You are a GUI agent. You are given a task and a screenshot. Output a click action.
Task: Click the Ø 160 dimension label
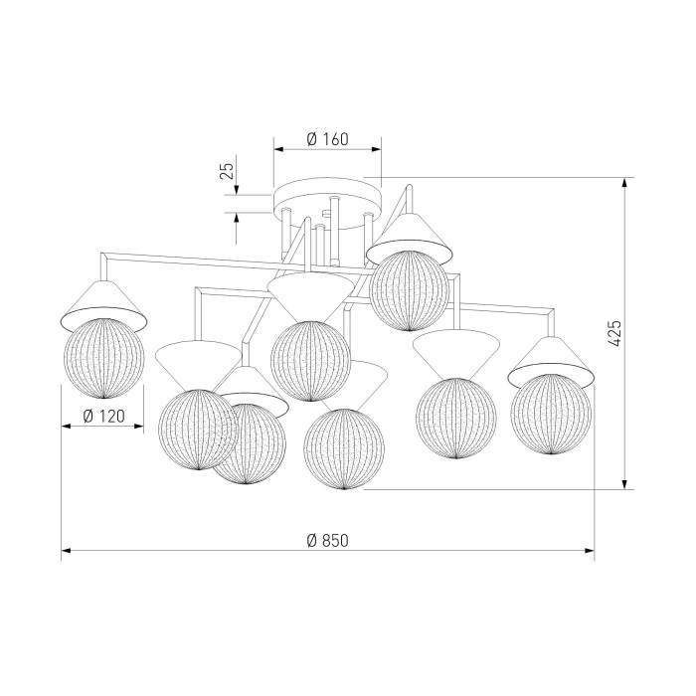coord(327,139)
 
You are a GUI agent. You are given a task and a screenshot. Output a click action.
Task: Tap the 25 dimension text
coord(227,170)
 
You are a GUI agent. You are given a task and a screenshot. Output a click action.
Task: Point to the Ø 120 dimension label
coord(103,416)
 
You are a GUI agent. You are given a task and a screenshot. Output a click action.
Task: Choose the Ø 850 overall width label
coord(327,540)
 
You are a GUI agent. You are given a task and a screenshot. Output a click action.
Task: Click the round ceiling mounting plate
coord(327,203)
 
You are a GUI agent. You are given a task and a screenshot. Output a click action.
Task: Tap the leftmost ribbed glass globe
coord(103,358)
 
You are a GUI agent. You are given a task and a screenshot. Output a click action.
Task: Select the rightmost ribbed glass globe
coord(551,415)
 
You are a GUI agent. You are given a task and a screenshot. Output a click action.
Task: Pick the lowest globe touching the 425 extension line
coord(344,448)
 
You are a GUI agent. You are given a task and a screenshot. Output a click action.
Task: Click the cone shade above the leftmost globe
coord(103,306)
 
